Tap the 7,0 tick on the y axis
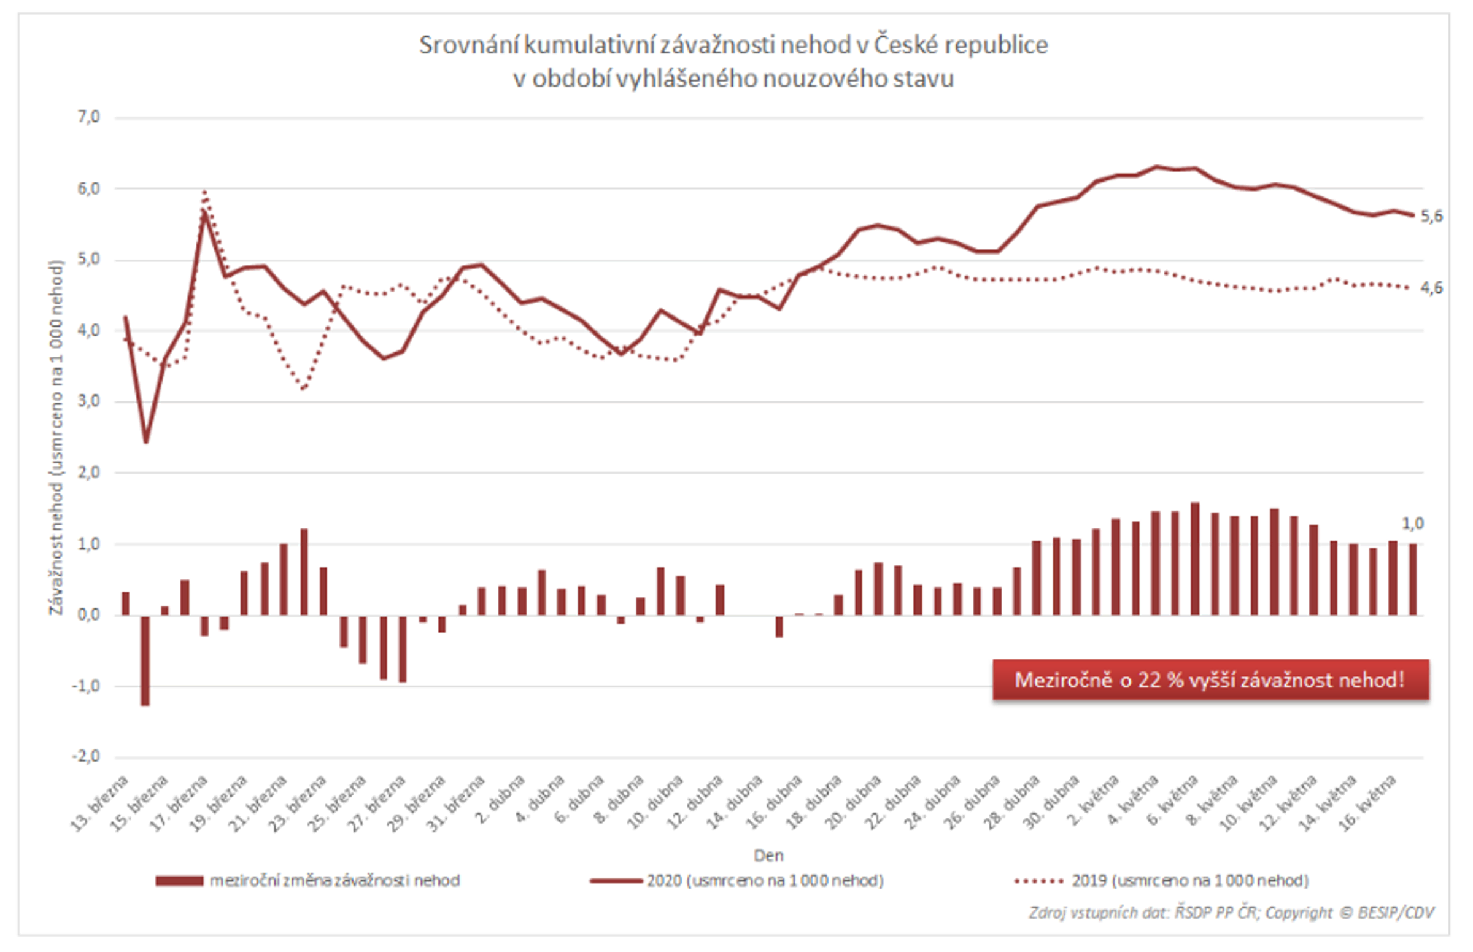point(88,117)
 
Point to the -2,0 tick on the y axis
point(87,757)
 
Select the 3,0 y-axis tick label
point(88,401)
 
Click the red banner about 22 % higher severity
point(1210,680)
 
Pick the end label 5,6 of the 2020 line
point(1432,216)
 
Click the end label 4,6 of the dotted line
point(1432,288)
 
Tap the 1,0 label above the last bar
point(1412,524)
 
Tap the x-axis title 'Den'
point(768,856)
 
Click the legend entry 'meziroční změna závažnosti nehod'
point(334,880)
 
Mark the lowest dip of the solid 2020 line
point(146,442)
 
